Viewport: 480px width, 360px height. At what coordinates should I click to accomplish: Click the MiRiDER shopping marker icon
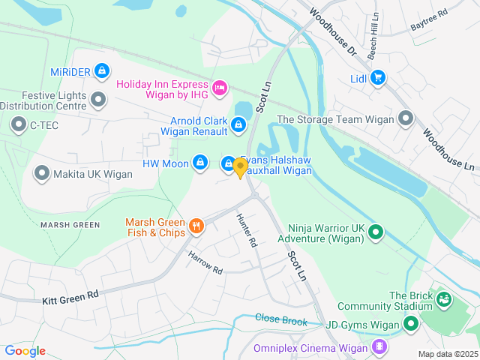coord(102,71)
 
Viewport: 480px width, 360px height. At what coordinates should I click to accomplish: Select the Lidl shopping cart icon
coord(377,77)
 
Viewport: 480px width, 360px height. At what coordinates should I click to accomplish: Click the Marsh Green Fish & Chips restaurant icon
coord(196,225)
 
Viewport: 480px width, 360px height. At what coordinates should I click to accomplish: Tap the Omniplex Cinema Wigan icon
coord(380,346)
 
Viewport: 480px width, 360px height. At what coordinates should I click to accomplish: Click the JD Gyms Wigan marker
coord(410,325)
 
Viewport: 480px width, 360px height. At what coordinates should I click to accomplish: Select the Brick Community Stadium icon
coord(445,300)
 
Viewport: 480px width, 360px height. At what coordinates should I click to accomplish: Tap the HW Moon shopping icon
coord(200,162)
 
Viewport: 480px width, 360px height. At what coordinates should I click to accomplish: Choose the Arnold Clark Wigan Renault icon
coord(238,124)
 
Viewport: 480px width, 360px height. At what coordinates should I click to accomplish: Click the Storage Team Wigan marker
coord(406,118)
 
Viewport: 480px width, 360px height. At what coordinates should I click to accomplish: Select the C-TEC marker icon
coord(18,125)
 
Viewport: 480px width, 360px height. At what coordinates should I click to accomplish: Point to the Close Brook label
coord(281,319)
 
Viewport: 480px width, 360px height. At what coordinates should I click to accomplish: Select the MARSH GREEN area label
coord(70,225)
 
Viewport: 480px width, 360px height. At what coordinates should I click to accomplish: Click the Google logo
coord(25,350)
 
